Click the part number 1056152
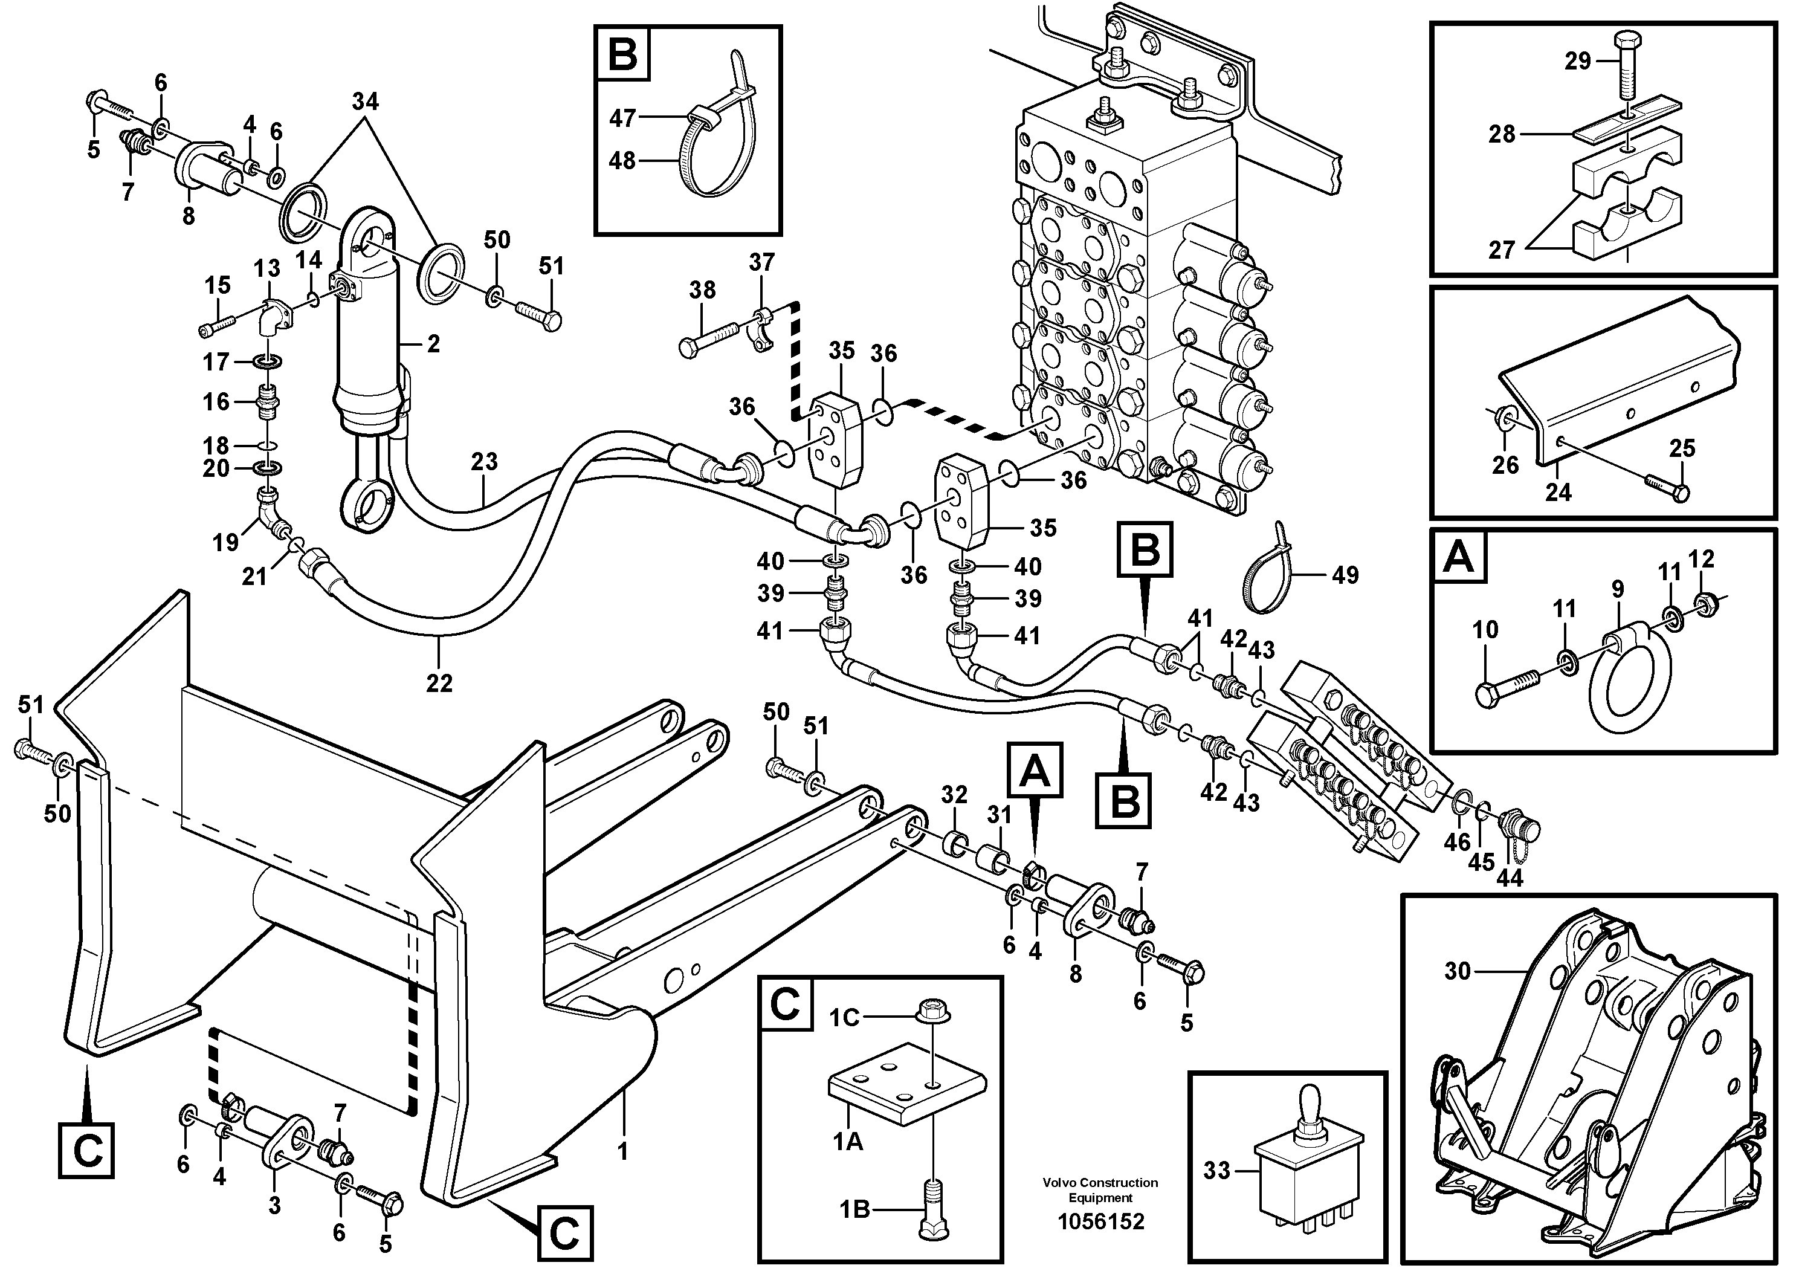(1100, 1221)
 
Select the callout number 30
(1458, 972)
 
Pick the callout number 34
(365, 102)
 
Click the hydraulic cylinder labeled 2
(367, 344)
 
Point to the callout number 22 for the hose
(439, 684)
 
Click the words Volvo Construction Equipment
(1100, 1190)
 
